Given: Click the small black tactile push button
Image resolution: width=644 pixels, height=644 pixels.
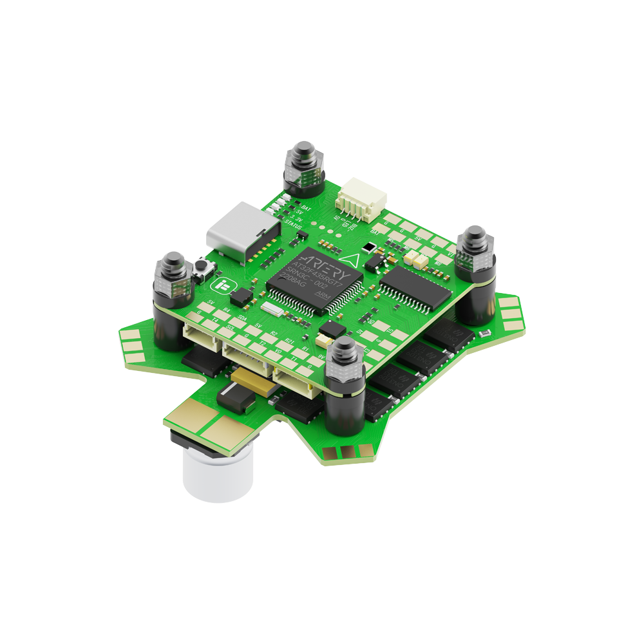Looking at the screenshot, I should click(x=204, y=265).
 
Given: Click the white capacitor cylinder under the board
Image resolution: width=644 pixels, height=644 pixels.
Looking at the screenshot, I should click(x=216, y=474).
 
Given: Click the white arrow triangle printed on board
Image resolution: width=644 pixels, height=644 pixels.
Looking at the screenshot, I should click(x=350, y=259).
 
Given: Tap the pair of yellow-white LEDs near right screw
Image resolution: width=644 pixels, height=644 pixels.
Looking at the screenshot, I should click(x=416, y=260).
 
